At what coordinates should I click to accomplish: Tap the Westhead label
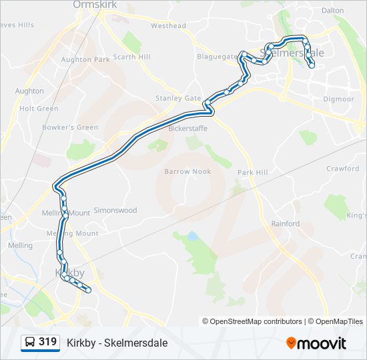tap(168, 26)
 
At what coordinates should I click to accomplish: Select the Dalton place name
tap(332, 11)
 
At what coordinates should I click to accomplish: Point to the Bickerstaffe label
tap(188, 127)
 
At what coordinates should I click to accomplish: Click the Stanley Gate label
tap(178, 98)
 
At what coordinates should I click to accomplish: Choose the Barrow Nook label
tap(188, 171)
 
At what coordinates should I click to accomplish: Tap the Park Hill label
tap(252, 173)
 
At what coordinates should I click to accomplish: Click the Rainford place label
tap(285, 224)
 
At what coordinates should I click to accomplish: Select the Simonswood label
tap(115, 211)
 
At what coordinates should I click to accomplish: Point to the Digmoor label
tap(339, 99)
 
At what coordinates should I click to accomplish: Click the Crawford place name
tap(342, 169)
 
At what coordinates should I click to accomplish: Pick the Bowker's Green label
tap(70, 127)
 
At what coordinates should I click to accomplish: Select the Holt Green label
tap(39, 109)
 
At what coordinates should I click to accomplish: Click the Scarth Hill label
tap(131, 57)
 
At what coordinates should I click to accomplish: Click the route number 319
tap(47, 342)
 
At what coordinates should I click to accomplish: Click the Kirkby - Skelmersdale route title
tap(117, 343)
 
